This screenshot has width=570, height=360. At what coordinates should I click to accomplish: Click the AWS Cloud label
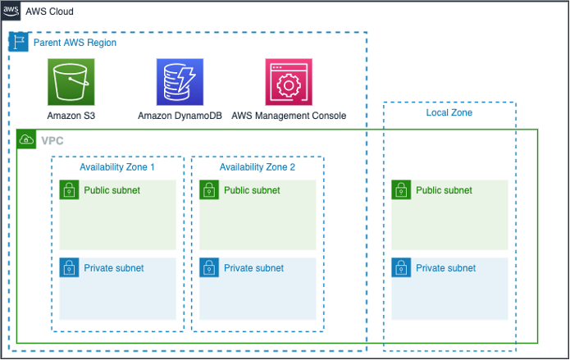50,12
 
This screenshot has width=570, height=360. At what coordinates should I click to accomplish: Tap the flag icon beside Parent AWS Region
18,42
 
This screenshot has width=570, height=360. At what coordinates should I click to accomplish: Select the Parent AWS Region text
75,42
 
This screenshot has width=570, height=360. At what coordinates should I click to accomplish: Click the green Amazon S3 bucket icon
71,82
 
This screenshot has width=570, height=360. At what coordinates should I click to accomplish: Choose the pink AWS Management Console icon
289,82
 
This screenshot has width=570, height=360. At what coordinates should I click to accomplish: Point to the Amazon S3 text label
71,116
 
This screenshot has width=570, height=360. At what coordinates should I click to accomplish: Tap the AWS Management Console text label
289,116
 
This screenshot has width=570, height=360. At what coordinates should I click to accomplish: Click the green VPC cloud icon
26,139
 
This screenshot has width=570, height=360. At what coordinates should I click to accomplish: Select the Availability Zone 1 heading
117,167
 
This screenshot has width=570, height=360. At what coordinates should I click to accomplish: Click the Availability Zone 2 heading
257,167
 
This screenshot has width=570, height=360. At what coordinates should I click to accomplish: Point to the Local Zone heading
449,112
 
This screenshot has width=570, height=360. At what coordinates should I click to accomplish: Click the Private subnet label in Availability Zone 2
253,268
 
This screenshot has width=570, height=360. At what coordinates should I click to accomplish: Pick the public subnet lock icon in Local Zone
401,190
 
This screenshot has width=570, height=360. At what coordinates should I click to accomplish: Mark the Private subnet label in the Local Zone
445,268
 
